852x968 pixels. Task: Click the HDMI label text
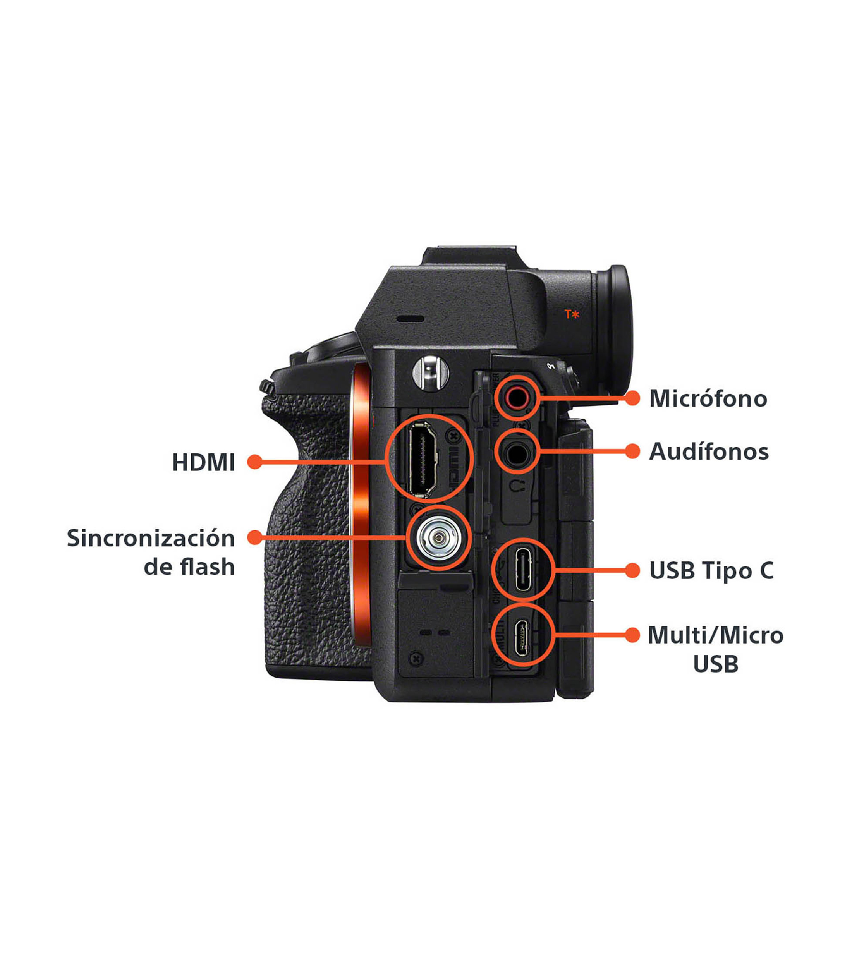203,462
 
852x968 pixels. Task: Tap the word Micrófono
708,398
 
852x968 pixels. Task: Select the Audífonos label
708,451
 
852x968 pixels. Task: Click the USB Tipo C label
711,570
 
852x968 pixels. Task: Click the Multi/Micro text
715,635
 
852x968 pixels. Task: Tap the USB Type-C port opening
523,569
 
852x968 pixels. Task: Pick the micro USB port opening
523,635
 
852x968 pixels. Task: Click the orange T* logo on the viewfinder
572,314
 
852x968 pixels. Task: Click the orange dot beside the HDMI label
255,462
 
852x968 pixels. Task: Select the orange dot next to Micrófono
632,398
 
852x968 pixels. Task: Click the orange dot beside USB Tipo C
632,570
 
